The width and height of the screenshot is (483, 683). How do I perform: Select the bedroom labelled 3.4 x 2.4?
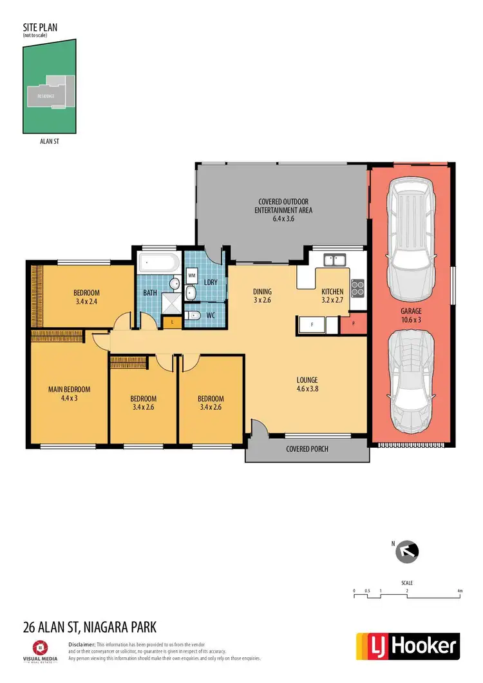click(x=87, y=296)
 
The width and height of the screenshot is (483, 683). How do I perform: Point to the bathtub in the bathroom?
click(x=158, y=264)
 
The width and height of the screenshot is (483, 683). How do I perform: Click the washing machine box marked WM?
click(x=192, y=275)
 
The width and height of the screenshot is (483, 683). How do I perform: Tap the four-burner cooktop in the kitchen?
click(x=358, y=287)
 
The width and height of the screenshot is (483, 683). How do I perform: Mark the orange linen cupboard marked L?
click(x=172, y=322)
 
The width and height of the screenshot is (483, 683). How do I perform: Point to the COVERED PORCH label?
click(x=307, y=448)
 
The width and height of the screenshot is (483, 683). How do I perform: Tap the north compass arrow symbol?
click(x=409, y=551)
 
